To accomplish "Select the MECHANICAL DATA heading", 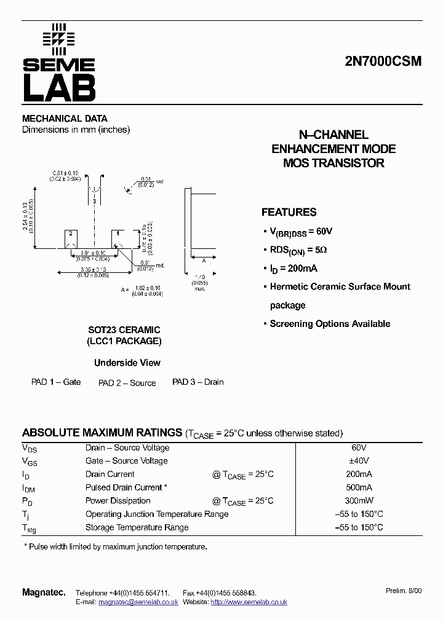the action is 65,119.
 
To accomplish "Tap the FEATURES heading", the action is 289,213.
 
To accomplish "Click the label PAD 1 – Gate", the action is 56,382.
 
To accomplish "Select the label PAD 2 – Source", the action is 127,383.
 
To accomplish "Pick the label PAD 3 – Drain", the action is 198,382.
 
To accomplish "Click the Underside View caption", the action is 127,363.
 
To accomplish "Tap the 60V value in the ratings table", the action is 358,448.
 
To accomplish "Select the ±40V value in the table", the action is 358,461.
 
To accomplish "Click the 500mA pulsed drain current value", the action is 358,487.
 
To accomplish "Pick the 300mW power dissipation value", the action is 358,501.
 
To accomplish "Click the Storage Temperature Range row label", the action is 137,527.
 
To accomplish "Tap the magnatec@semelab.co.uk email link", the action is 138,602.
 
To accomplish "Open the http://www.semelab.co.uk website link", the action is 249,602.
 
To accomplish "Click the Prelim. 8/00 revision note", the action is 404,591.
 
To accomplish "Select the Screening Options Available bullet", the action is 330,324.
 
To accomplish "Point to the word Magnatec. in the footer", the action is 44,592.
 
